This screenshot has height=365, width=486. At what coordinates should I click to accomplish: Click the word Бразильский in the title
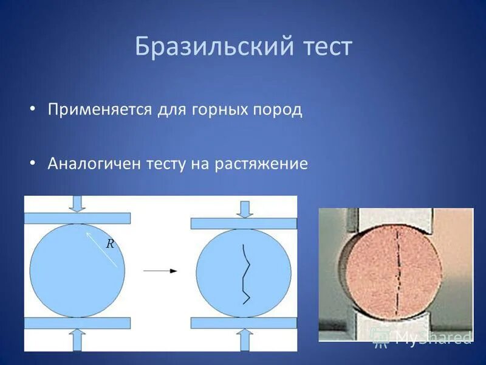coord(208,47)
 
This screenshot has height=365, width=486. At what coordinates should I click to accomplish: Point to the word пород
coord(278,110)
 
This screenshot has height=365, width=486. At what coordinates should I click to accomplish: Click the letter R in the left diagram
coord(111,244)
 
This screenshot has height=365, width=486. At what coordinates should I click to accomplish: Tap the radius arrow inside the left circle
coord(101,249)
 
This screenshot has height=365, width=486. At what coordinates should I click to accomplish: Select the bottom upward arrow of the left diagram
coord(77,338)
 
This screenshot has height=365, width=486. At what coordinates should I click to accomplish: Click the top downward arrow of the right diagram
coord(244,209)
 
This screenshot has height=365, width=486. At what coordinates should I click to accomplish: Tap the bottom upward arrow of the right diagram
coord(244,339)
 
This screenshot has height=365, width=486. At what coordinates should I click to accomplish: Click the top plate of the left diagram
coord(77,218)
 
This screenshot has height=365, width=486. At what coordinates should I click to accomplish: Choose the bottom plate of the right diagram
coord(244,323)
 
